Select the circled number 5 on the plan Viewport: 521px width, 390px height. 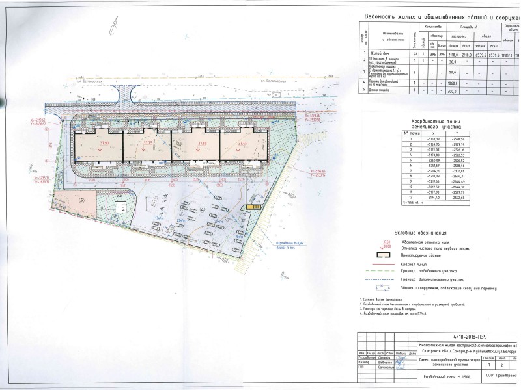tap(81, 200)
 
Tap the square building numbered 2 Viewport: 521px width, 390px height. tap(122, 207)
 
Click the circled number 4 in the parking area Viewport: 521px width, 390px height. tap(202, 209)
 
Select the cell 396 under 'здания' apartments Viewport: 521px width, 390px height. tap(432, 54)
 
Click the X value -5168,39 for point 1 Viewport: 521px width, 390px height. tap(432, 138)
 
